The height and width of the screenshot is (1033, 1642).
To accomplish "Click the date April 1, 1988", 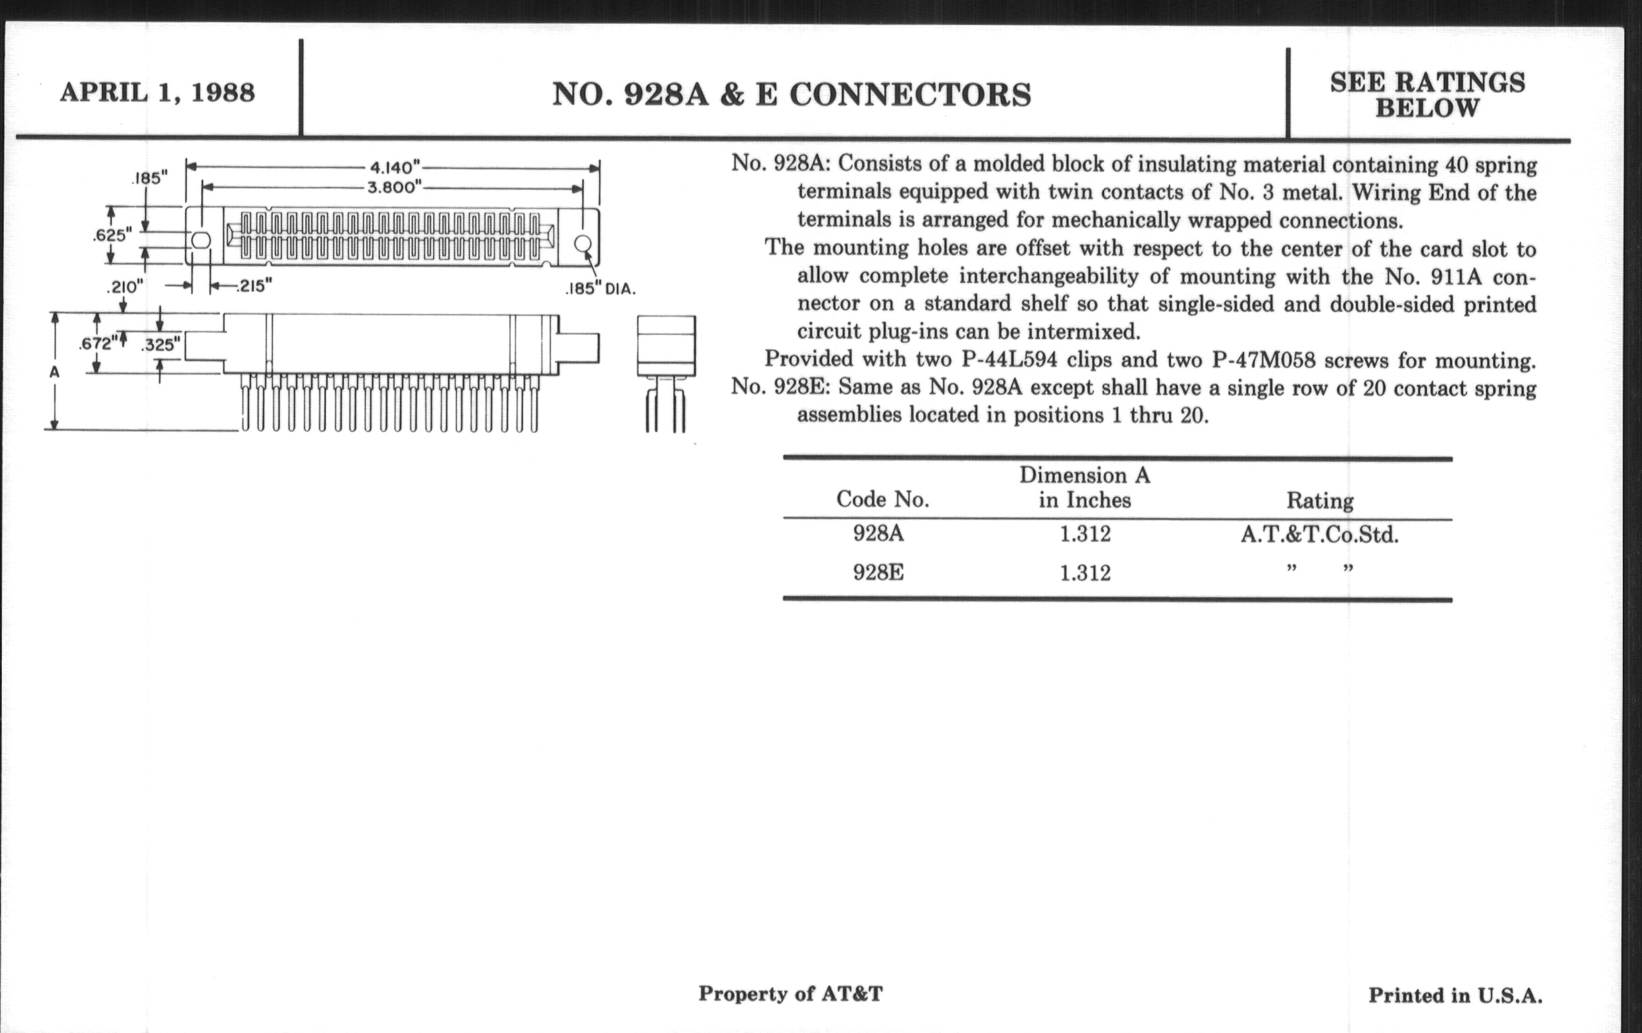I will tap(157, 92).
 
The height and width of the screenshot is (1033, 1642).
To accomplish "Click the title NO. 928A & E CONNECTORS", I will tap(791, 95).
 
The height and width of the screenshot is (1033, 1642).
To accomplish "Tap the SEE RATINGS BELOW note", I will tap(1427, 95).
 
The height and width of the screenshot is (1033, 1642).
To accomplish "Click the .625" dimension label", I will tap(112, 235).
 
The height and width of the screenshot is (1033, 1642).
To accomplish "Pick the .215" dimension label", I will tap(254, 286).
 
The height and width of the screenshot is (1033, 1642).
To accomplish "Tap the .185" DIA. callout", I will tap(600, 289).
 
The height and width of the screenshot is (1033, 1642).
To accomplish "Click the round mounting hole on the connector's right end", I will tap(583, 244).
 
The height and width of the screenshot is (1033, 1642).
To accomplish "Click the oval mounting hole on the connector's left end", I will tap(201, 240).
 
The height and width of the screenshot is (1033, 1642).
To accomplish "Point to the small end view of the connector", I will tap(666, 371).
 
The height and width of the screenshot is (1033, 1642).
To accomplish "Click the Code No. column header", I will tap(882, 500).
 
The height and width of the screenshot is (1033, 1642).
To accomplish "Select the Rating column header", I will tap(1319, 501).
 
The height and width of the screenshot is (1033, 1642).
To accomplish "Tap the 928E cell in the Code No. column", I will tap(878, 573).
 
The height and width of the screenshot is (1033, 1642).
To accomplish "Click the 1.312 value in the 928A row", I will tap(1085, 534).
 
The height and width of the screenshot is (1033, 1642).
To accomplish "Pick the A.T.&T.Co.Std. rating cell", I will tap(1319, 535).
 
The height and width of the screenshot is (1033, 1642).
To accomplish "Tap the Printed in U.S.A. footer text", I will tap(1455, 996).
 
